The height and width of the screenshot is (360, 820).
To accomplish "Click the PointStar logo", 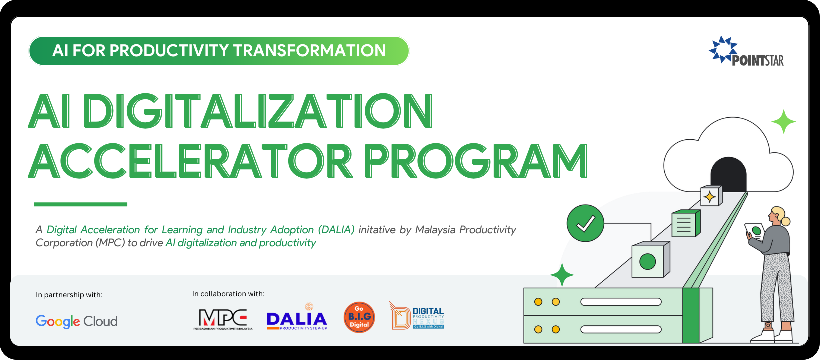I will (x=746, y=52).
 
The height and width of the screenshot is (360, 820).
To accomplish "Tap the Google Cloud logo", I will (x=76, y=321).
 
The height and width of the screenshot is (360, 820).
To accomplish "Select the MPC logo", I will (x=223, y=319).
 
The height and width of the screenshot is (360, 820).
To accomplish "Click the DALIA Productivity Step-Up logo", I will (x=297, y=318).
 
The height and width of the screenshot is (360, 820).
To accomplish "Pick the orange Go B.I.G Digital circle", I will (x=359, y=317).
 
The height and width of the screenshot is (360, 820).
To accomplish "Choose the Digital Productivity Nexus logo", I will (x=417, y=316).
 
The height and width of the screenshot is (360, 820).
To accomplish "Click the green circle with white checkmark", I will (x=585, y=223).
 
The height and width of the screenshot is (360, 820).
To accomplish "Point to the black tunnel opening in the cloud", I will (x=728, y=175).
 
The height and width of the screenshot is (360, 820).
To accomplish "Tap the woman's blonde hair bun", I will (x=786, y=221).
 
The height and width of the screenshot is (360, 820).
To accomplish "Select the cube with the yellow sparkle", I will (x=710, y=197).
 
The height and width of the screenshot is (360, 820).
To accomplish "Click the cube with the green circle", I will (x=649, y=260).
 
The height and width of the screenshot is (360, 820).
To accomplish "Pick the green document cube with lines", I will (x=685, y=224).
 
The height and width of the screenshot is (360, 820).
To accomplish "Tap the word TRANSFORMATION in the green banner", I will (x=309, y=51).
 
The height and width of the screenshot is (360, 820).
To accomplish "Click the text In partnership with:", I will (x=69, y=295).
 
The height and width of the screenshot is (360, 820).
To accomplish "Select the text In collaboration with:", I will (x=228, y=294).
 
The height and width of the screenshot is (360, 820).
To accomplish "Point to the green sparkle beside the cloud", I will (x=783, y=122).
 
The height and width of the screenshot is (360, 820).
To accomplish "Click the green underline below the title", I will (x=80, y=204).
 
